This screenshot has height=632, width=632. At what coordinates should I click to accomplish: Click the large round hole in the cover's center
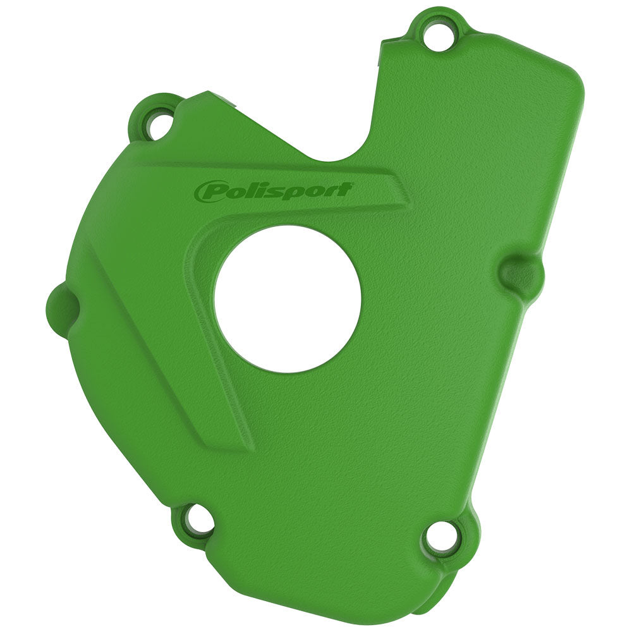pyautogui.click(x=288, y=298)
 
